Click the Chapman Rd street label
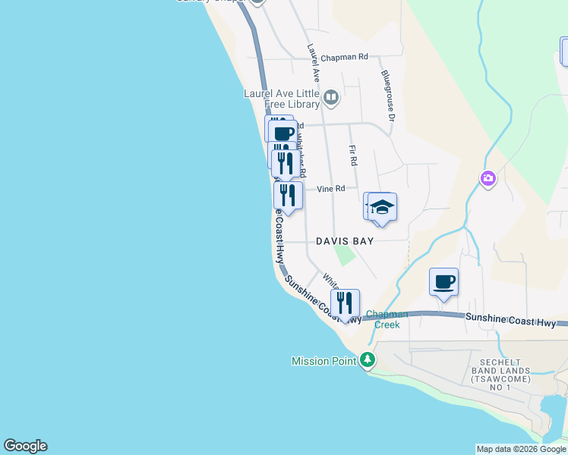coord(343,57)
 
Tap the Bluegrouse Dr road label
coord(388,96)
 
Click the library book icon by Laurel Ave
coord(330,97)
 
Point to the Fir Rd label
coord(353,157)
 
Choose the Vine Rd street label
coord(330,189)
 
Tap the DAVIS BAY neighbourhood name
coord(345,241)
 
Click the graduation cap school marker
coord(383,207)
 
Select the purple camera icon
coord(488,179)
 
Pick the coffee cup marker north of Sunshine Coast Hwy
coord(443,282)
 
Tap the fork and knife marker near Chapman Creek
coord(346,303)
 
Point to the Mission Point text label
coord(323,361)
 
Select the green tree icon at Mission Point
coord(368,360)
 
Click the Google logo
coord(25,446)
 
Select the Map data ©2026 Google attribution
coord(521,449)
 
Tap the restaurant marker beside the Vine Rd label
coord(288,195)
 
